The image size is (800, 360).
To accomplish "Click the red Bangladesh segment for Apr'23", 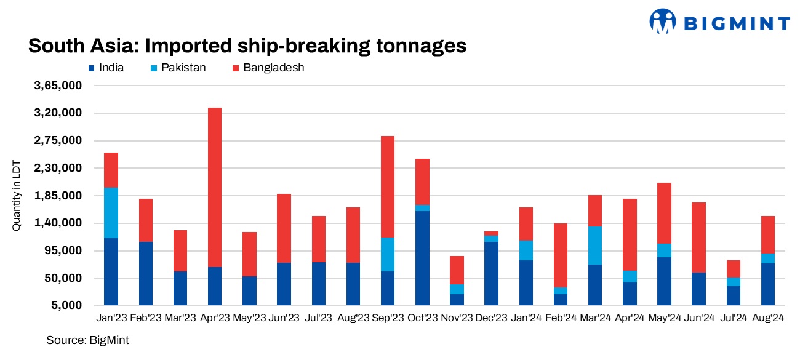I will pos(214,187).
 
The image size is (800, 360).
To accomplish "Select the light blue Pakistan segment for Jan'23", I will pos(111,213).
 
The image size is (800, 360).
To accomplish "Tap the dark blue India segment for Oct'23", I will pos(422,258).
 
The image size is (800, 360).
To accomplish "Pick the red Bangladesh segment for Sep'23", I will pos(388,186).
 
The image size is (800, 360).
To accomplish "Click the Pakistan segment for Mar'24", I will pos(595,246).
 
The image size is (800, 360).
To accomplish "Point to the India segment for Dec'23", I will pos(491,273).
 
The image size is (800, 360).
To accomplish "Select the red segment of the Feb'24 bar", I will pos(560,255).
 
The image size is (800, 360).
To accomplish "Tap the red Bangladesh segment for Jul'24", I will pos(734,269).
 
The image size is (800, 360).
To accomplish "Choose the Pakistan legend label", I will pos(183,68).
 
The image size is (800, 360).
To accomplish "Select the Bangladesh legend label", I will pos(274,68).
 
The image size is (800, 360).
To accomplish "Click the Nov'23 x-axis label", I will pos(457,318).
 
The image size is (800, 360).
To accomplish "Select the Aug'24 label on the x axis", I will pos(767,318).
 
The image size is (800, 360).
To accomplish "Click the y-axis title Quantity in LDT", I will pos(17,196).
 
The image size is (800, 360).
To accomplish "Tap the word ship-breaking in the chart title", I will pos(305,46).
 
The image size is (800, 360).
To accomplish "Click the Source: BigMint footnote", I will pos(87,340).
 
